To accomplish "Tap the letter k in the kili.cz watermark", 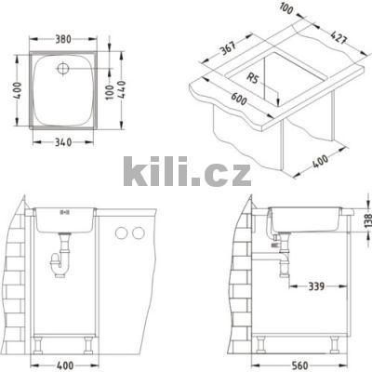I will click(134, 172).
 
